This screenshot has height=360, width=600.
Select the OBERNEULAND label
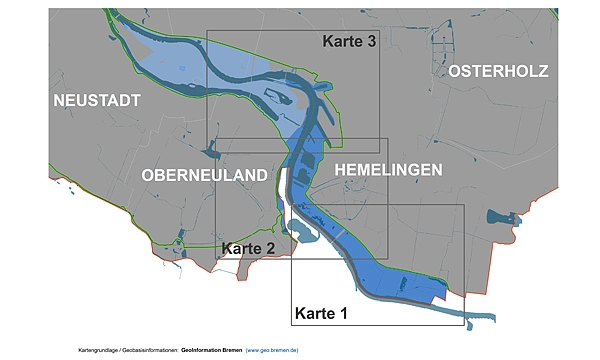(x=205, y=175)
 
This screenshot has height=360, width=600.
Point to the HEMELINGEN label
(x=388, y=171)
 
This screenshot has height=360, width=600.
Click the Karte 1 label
(x=320, y=313)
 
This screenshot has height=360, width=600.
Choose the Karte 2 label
(x=248, y=248)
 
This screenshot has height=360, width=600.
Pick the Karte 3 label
(x=349, y=42)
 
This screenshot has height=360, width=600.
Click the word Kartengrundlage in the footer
(x=100, y=350)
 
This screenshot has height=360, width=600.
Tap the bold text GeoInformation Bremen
(x=211, y=350)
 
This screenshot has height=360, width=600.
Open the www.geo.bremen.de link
(x=272, y=350)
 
